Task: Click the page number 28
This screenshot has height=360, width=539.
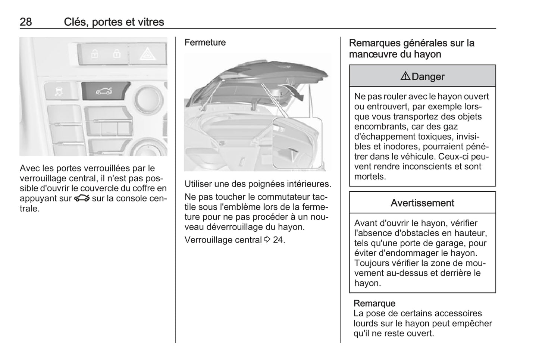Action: (x=26, y=22)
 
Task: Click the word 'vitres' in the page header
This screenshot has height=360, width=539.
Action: (x=151, y=22)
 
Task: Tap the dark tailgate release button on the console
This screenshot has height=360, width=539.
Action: (x=105, y=91)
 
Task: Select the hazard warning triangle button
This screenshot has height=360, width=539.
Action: (x=147, y=54)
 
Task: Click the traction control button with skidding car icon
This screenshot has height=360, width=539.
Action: (x=59, y=91)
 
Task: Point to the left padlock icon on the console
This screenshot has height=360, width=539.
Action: (x=94, y=54)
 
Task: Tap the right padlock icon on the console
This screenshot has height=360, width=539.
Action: (x=117, y=54)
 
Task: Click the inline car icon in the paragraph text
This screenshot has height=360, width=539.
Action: (x=82, y=198)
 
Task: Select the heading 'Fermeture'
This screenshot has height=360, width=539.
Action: (x=205, y=43)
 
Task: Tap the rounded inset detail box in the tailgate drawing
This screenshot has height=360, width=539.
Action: (x=297, y=143)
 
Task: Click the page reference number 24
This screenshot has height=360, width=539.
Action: (x=278, y=240)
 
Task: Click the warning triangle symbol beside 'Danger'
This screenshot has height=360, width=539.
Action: (x=405, y=76)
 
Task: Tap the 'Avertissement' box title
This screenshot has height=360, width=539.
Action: (x=422, y=203)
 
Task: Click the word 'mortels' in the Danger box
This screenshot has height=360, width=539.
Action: (x=370, y=177)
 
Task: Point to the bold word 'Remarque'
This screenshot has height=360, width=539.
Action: (x=374, y=303)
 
